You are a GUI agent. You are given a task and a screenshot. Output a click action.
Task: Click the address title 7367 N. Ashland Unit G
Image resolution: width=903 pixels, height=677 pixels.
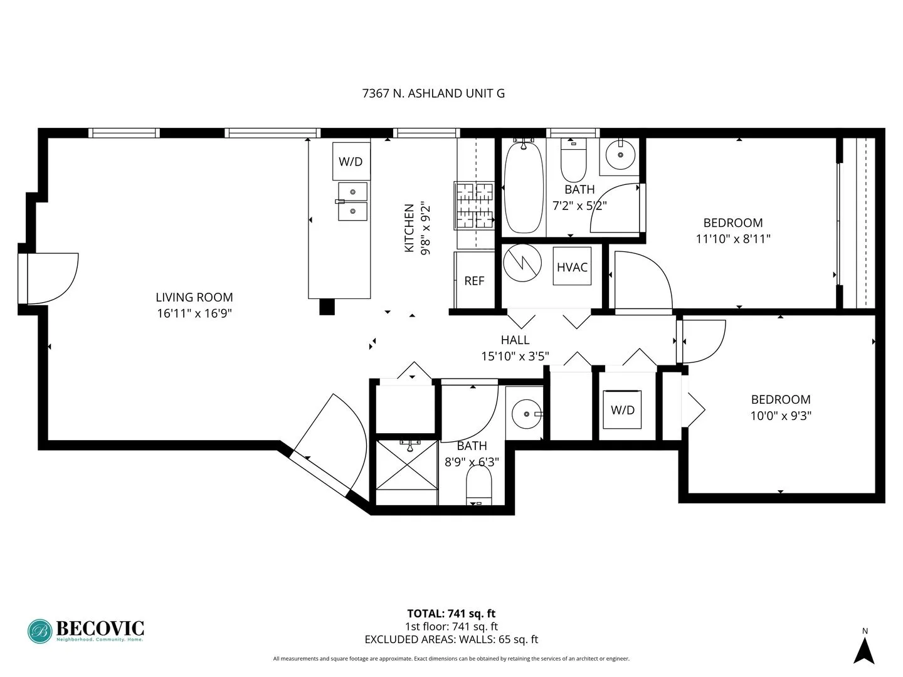click(433, 93)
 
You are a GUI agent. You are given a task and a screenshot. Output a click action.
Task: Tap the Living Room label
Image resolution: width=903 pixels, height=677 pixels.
click(194, 297)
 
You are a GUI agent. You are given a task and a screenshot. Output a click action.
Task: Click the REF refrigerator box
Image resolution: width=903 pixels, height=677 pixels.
click(474, 281)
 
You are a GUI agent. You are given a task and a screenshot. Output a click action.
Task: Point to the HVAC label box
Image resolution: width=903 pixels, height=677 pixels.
click(572, 267)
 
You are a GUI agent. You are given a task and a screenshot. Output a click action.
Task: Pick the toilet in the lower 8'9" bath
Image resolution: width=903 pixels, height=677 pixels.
click(479, 486)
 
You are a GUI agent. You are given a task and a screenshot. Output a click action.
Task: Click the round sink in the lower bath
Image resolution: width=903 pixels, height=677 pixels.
click(525, 414)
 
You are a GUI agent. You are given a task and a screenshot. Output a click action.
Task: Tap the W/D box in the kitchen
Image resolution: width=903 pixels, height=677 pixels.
click(351, 161)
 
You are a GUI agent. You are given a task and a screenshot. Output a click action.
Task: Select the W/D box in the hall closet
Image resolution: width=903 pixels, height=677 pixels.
click(622, 410)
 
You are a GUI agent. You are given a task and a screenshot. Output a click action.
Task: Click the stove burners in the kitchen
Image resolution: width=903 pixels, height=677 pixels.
click(474, 206)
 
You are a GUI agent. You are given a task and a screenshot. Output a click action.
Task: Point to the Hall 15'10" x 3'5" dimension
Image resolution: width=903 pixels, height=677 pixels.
click(515, 356)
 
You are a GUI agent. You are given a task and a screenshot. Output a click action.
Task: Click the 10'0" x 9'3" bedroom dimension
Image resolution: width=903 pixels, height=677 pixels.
click(781, 415)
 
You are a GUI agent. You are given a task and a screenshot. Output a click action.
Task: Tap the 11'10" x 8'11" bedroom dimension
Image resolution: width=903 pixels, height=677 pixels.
click(733, 238)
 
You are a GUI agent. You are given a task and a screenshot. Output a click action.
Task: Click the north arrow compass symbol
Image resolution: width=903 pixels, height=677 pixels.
click(864, 649)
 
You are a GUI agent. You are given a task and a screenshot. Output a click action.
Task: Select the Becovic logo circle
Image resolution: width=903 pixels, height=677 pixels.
click(40, 631)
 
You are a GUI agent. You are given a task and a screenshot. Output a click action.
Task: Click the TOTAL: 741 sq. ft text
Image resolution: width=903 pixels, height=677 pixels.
click(451, 614)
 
